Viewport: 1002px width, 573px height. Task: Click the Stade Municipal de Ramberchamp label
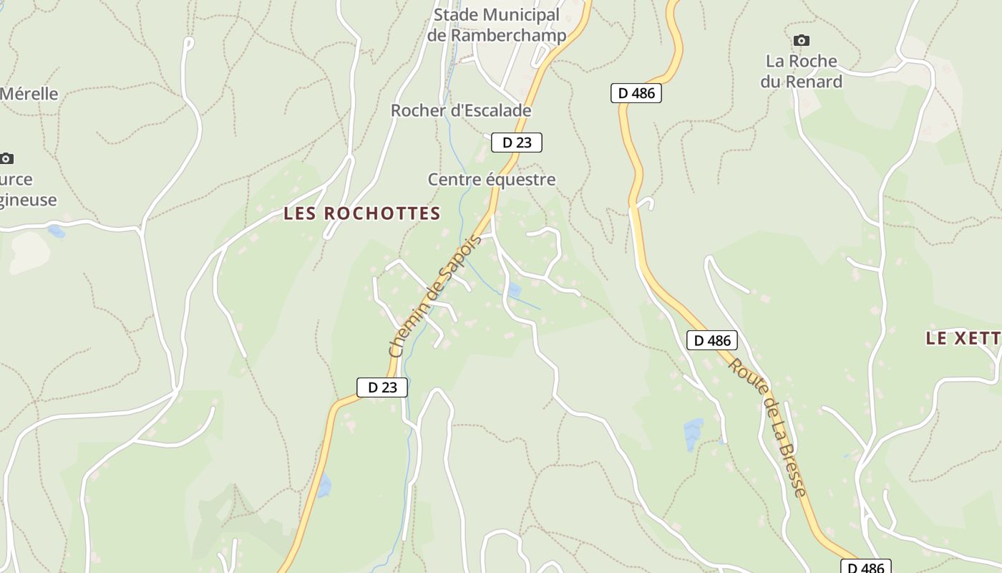[497, 25]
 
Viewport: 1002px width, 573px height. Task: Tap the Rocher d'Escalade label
[461, 110]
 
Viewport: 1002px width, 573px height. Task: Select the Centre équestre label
[491, 179]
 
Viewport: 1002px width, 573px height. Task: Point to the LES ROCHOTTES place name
[362, 213]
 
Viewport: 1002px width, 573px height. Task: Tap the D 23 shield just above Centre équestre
[517, 143]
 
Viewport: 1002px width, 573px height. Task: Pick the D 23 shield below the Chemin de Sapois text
[382, 387]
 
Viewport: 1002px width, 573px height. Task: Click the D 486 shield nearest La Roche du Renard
[636, 92]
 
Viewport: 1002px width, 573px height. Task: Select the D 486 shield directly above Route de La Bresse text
[712, 340]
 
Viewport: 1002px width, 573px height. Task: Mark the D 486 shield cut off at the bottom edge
[865, 567]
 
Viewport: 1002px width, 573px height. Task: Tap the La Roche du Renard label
[802, 71]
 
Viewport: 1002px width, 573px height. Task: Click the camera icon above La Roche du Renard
[802, 40]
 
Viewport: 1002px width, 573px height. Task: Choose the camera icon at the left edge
[6, 158]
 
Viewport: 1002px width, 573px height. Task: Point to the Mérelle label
[29, 94]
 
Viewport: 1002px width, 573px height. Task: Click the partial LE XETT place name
[963, 338]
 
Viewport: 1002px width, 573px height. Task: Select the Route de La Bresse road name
[768, 427]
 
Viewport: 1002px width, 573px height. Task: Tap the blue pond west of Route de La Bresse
[693, 434]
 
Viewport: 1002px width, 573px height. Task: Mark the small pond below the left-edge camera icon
[55, 231]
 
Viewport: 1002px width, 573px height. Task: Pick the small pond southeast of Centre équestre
[513, 290]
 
